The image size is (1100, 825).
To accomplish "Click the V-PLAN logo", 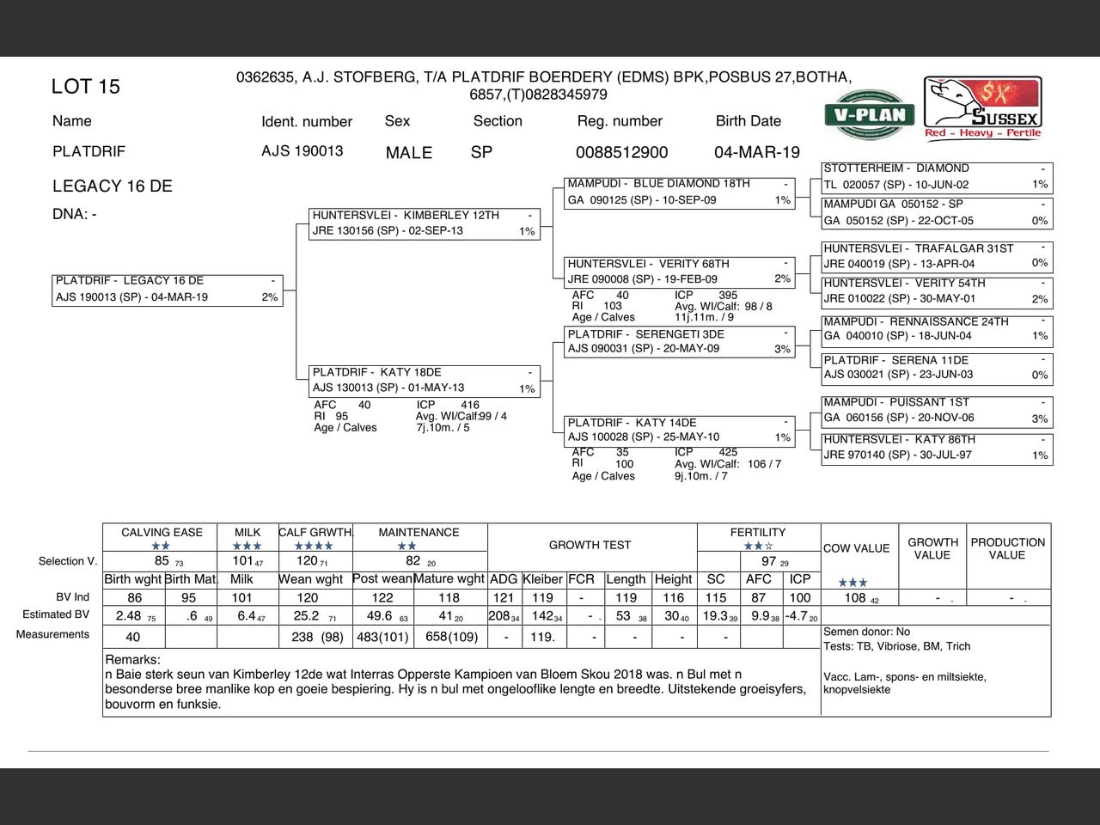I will point(870,114).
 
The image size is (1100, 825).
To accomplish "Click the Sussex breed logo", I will point(982,107).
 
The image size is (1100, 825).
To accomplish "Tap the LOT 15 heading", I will point(86,87).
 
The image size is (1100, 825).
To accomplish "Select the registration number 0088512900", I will point(621,153).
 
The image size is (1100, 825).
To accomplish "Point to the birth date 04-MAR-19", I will point(756,153).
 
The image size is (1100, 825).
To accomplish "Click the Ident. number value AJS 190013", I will point(302,151).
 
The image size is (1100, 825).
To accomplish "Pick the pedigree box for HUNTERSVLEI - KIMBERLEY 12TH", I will point(425,223).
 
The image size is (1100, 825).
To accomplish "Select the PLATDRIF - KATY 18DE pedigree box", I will point(425,381).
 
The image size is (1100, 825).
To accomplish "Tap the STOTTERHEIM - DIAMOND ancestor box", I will point(936,177).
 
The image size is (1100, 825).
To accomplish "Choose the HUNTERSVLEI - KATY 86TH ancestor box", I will point(936,448).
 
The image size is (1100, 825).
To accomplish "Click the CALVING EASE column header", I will point(162,533).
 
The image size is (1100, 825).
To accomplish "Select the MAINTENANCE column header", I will point(419,533).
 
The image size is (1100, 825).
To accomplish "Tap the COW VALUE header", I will point(856,548).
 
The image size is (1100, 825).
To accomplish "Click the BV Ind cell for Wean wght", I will point(308,598).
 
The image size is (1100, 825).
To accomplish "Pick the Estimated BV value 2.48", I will point(129,616).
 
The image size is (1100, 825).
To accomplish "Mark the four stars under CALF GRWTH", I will point(314,546).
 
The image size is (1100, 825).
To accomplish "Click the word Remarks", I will point(133,660).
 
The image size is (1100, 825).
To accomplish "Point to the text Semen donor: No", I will point(866,632).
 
